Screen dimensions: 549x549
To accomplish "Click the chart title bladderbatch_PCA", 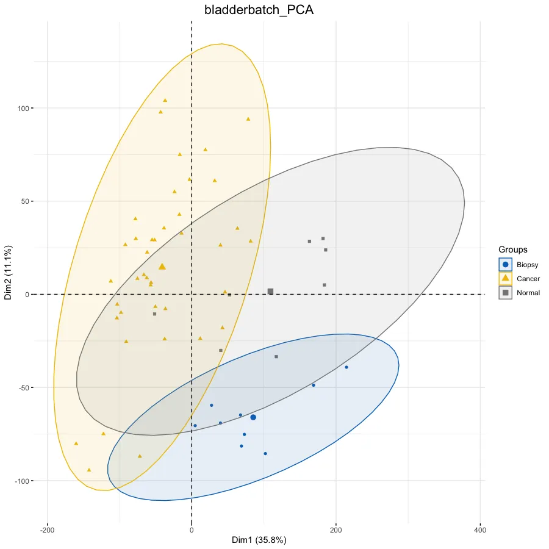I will (x=259, y=10).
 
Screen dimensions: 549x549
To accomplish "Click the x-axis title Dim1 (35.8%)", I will (x=259, y=540).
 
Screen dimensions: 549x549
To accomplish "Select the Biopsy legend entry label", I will (x=527, y=265).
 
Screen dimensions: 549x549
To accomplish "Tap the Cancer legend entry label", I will (x=528, y=279).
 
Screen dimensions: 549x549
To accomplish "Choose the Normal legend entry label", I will (x=528, y=293).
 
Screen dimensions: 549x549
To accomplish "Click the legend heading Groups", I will (x=512, y=249).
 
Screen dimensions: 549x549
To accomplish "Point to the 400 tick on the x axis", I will (x=480, y=529).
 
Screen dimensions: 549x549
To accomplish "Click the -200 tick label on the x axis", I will (x=47, y=529).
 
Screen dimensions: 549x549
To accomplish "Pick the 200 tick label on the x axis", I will (x=336, y=529).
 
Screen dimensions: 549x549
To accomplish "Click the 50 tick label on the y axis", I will (x=26, y=202).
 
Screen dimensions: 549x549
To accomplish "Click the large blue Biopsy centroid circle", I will (x=253, y=417).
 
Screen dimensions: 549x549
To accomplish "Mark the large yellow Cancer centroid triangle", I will (x=162, y=267).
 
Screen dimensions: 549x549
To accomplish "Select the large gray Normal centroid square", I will (x=270, y=292).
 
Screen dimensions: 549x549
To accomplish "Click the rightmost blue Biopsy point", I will (x=346, y=367).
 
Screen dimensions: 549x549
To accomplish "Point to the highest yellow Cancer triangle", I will (x=165, y=100).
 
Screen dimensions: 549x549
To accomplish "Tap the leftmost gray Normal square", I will (x=154, y=314).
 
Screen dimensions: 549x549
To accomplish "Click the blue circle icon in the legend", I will (x=505, y=265).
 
